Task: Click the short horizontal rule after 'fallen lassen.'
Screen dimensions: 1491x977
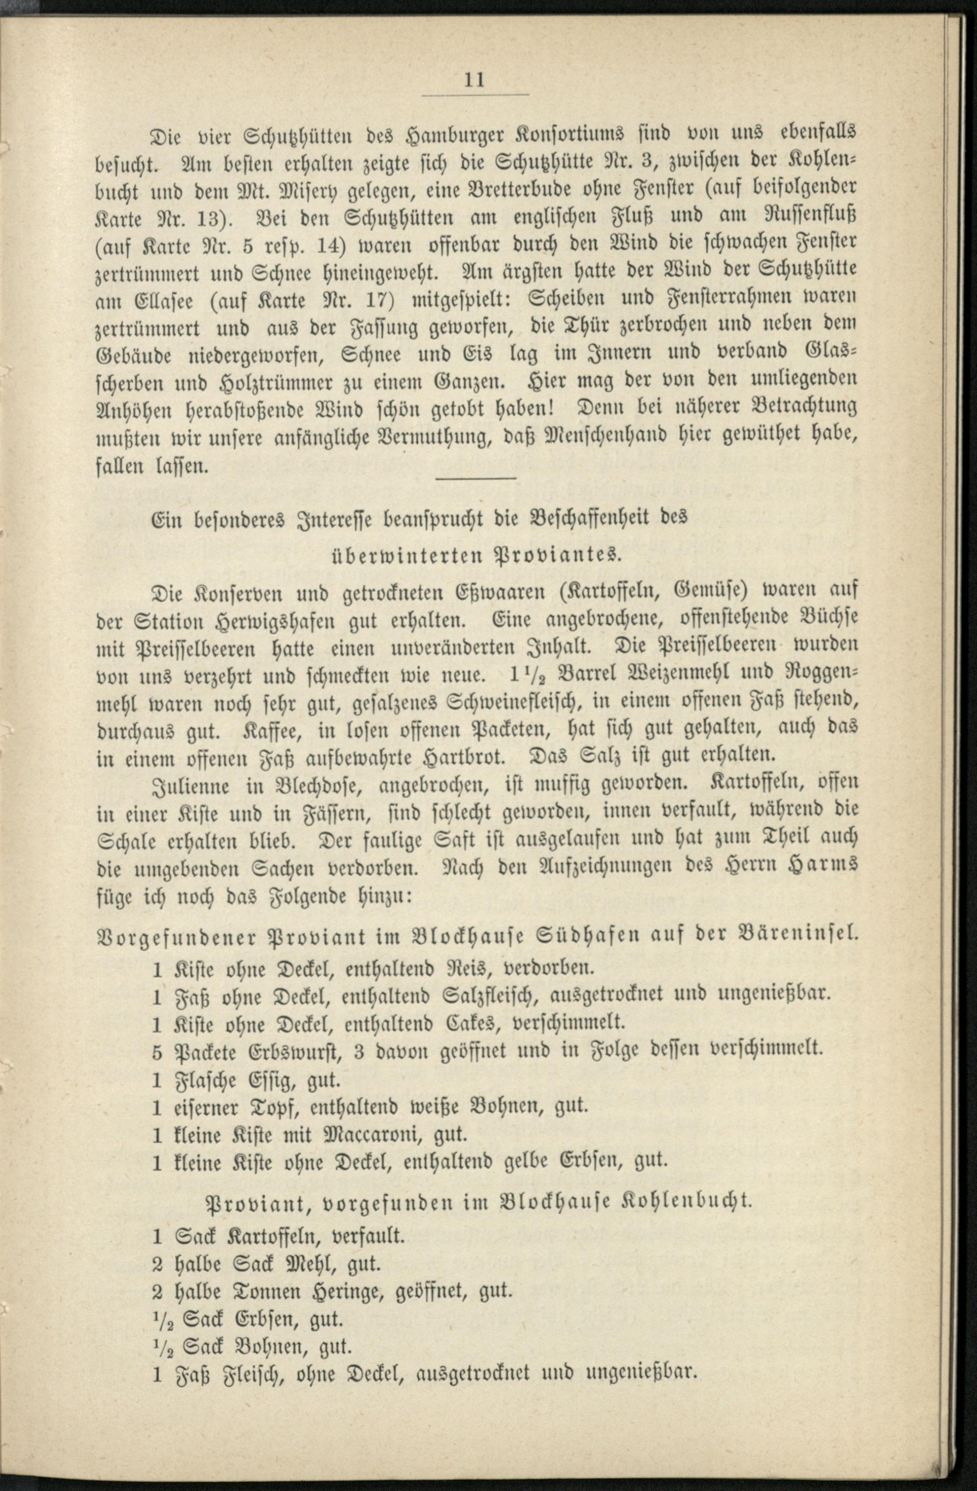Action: tap(481, 479)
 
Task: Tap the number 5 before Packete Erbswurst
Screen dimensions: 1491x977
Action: tap(158, 1049)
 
